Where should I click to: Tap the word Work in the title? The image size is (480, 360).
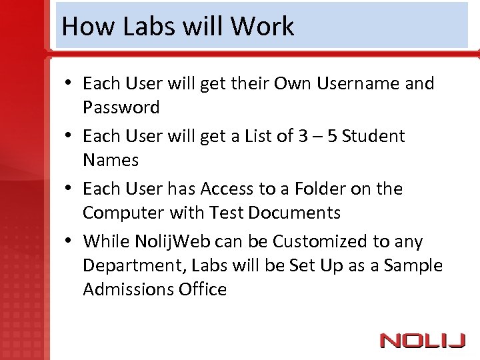(262, 26)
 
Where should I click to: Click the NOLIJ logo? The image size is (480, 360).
(423, 341)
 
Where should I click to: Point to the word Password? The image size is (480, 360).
(121, 108)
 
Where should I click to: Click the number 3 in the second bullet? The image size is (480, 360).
(303, 137)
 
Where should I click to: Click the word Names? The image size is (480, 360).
(111, 161)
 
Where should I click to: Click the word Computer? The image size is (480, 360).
(124, 213)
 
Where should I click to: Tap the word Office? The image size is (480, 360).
(203, 290)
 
